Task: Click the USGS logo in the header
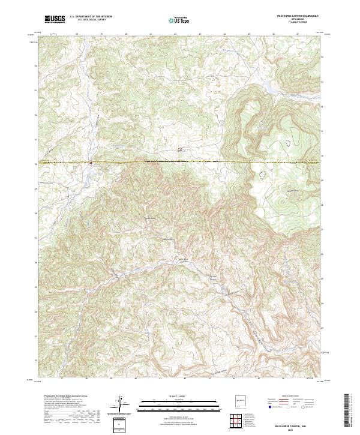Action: coord(55,19)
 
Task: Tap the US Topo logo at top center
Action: coord(179,20)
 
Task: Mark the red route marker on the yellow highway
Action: coord(91,162)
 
